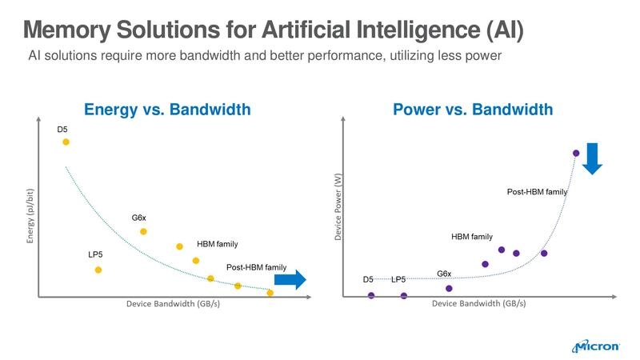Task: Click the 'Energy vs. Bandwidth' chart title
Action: (168, 109)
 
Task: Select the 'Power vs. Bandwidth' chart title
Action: (472, 109)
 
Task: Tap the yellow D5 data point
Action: (66, 142)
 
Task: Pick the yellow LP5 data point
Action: (98, 270)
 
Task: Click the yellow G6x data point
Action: (143, 231)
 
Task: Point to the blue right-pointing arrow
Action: (290, 279)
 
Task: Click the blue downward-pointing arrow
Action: (592, 158)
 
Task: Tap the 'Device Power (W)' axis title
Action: (338, 210)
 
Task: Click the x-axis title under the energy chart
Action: (174, 304)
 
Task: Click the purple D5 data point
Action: (371, 295)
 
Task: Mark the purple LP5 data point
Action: (403, 295)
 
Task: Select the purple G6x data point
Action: (449, 288)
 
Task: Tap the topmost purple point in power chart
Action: (575, 153)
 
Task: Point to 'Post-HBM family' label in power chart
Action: (537, 192)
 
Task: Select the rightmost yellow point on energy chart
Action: (270, 293)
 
